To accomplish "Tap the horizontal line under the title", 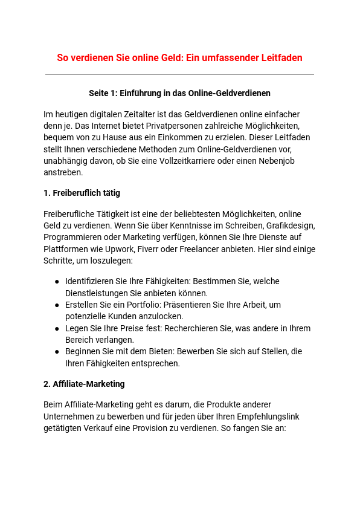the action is pos(179,75).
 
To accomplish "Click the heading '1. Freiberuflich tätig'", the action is pos(82,193).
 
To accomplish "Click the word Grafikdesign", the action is pos(291,225).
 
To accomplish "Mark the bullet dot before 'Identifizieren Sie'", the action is pos(57,282).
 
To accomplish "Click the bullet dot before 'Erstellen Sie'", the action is pos(57,305).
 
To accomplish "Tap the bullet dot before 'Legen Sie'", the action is pos(57,329).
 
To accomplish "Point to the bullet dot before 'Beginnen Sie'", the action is pos(57,352).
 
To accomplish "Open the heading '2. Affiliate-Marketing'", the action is pos(84,384).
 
